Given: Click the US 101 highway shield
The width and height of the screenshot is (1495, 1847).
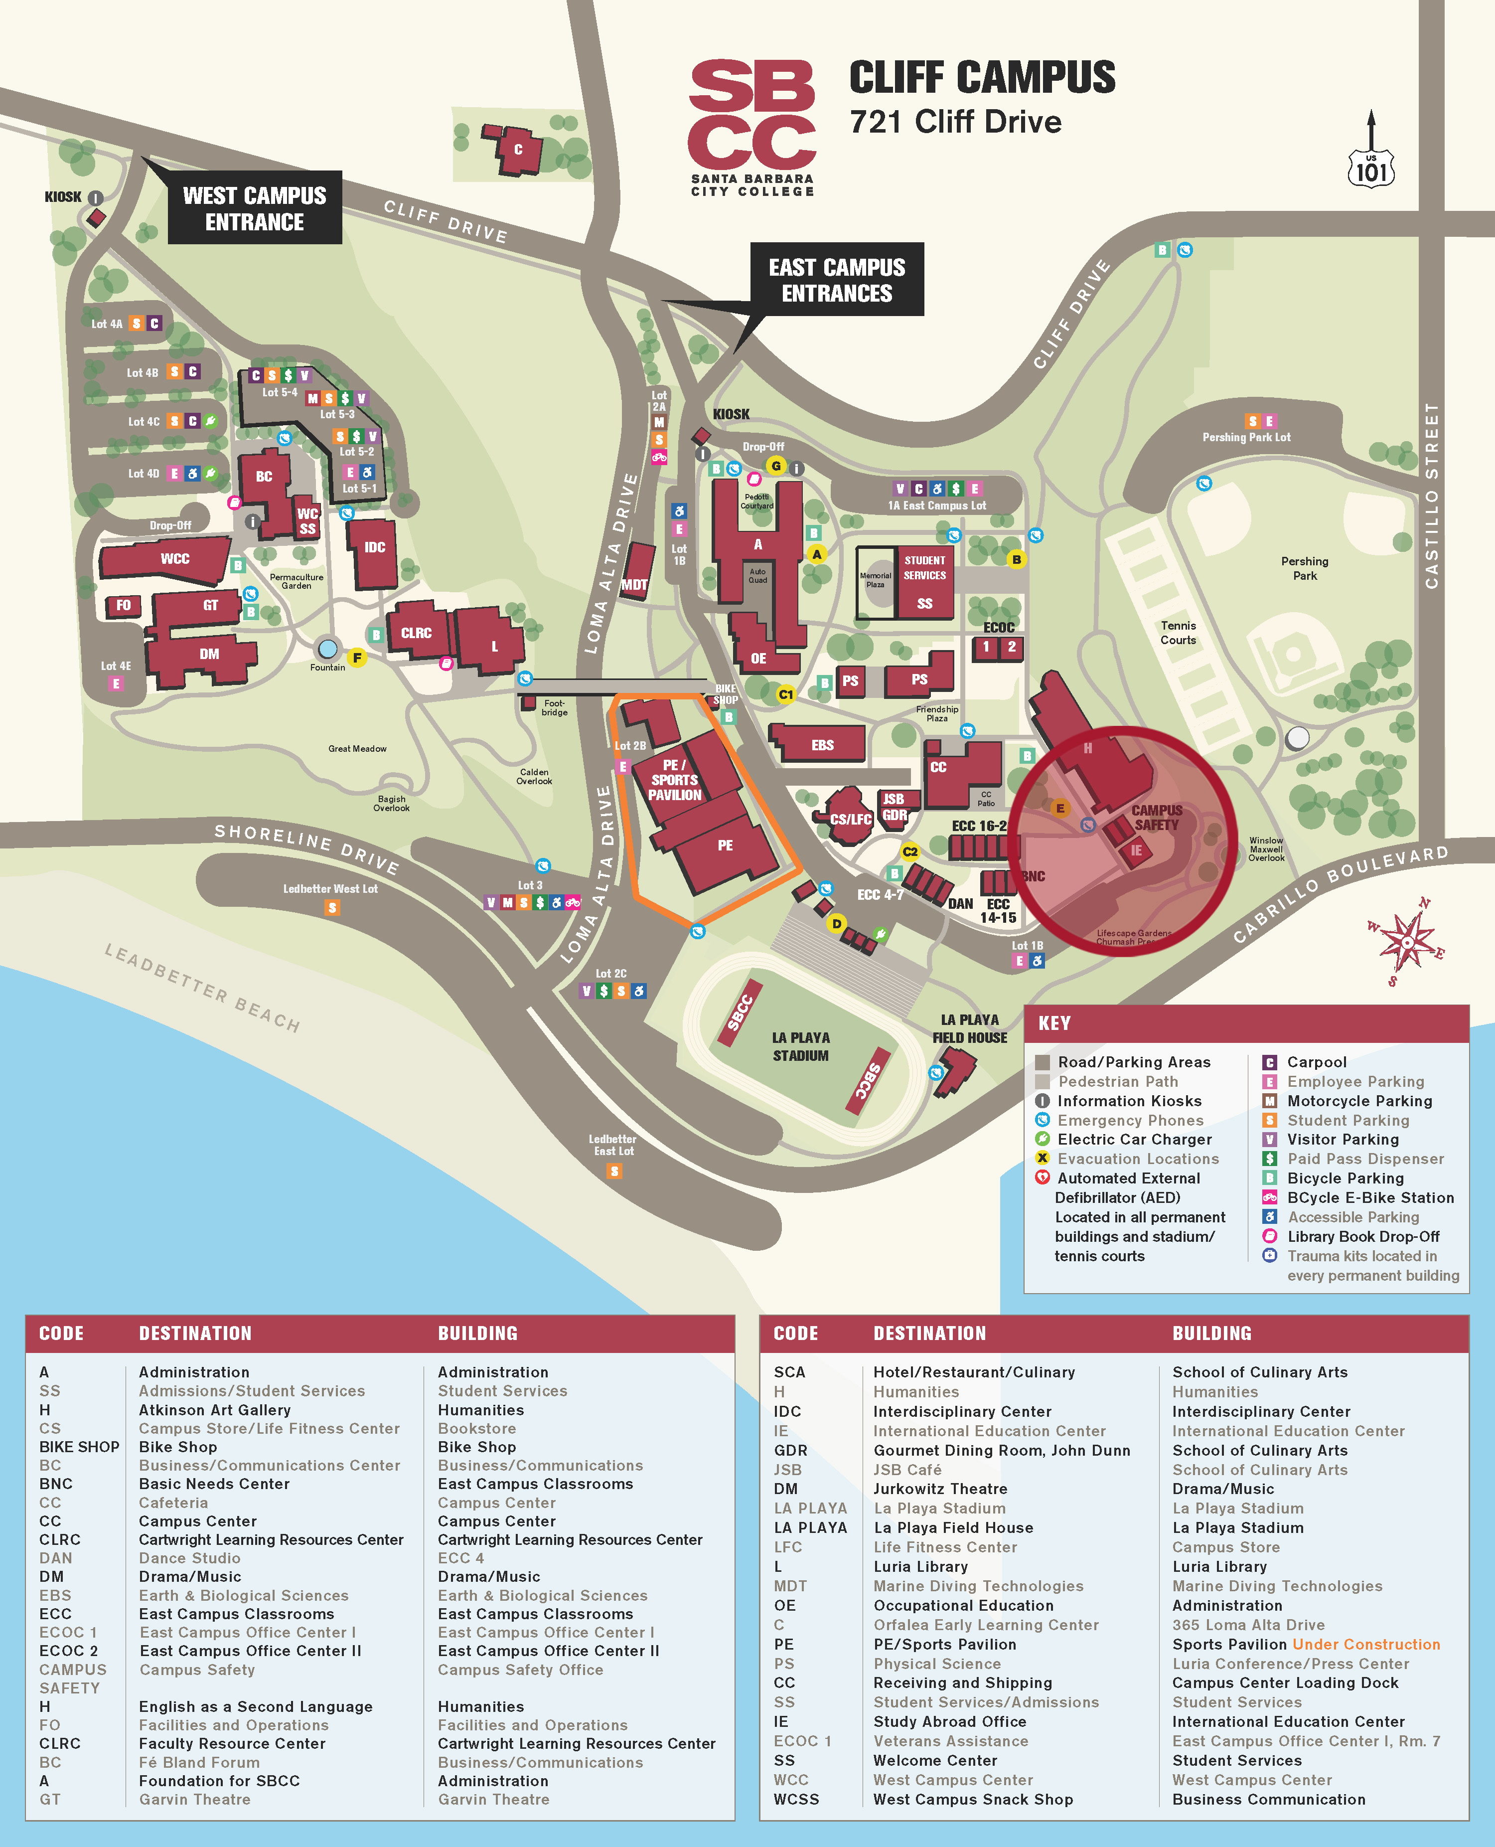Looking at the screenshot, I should click(x=1371, y=168).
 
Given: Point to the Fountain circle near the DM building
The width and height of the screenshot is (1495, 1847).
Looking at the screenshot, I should click(x=327, y=648).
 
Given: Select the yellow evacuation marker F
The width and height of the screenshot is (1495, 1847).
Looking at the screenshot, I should click(x=356, y=658).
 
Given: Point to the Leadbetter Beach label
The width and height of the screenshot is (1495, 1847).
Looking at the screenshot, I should click(x=202, y=987).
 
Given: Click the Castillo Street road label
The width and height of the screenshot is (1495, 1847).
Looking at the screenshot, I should click(x=1431, y=496).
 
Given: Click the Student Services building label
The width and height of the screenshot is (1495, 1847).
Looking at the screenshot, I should click(x=924, y=568).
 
